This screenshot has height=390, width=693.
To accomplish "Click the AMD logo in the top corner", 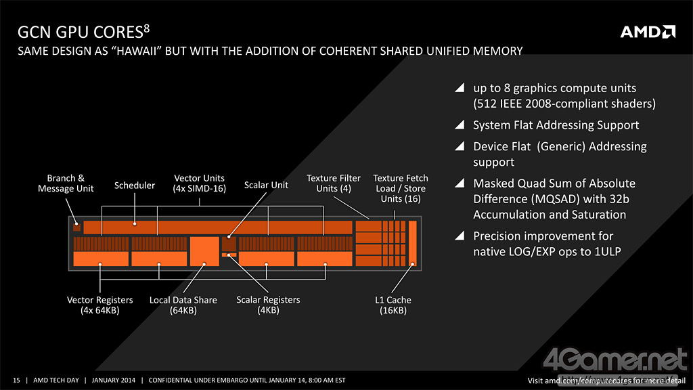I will coord(648,32).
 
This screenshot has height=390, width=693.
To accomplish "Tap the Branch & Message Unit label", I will coord(66,183).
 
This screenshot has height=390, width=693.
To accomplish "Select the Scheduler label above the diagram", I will coord(135,186).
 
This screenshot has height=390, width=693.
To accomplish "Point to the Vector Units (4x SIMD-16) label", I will coord(200,183).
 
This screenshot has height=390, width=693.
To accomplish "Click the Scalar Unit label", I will coord(266,186).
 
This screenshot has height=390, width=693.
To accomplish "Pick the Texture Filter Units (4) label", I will coord(334,183).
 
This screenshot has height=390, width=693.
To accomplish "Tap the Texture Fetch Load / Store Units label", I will coord(401,188).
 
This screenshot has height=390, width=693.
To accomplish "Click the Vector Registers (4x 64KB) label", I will coord(100,305).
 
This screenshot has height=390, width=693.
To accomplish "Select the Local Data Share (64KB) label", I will coord(183,305).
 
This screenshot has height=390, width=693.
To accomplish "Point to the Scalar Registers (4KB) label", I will coord(268,305).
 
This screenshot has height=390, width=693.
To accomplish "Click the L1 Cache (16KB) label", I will coord(393,305).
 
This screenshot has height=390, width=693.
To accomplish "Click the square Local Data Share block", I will coord(204,251).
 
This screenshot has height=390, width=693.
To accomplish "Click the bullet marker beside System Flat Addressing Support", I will coord(460,125).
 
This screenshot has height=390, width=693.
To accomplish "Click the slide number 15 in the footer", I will coord(17,379).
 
